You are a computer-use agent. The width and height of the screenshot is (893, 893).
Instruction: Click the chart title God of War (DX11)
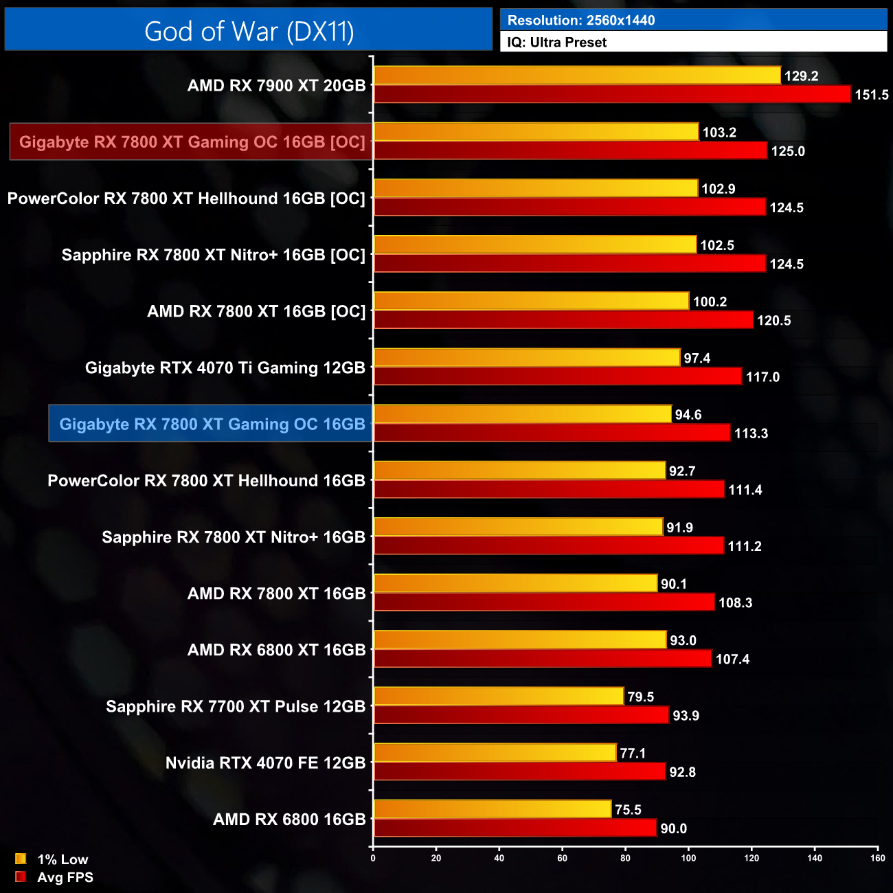[x=249, y=32]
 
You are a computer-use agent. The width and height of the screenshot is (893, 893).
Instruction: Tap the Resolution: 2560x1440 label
[x=581, y=21]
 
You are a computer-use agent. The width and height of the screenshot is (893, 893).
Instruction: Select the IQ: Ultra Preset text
[x=557, y=43]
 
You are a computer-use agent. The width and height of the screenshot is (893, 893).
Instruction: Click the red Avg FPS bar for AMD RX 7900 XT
[x=612, y=94]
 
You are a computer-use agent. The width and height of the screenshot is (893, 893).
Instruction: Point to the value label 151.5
[x=871, y=95]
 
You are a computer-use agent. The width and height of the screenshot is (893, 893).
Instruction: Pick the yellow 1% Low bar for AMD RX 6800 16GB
[x=493, y=809]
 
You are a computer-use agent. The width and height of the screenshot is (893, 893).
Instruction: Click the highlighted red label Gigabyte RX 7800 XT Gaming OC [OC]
[x=192, y=142]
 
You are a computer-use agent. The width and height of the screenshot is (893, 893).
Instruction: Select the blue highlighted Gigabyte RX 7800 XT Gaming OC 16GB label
[x=212, y=424]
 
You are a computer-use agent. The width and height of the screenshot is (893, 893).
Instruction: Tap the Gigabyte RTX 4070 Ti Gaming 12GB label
[x=225, y=368]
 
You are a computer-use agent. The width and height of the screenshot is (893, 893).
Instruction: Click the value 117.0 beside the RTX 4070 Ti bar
[x=762, y=377]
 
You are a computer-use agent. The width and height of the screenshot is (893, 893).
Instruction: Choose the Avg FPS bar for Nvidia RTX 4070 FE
[x=520, y=771]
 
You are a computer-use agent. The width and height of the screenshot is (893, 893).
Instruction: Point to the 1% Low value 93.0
[x=683, y=640]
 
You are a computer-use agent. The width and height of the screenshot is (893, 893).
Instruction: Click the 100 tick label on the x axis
[x=688, y=858]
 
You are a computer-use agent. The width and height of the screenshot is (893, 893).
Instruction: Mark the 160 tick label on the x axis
[x=877, y=858]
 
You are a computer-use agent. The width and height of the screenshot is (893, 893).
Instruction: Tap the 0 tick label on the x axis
[x=373, y=858]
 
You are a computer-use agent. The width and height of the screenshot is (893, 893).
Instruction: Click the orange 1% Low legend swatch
[x=21, y=859]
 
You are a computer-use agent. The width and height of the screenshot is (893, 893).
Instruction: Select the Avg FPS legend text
[x=65, y=877]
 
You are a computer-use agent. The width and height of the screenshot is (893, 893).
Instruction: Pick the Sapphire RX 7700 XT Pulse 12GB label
[x=236, y=706]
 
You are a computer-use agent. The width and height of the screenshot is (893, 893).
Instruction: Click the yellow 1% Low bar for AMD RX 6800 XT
[x=520, y=640]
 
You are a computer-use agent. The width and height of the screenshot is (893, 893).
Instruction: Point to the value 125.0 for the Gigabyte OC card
[x=788, y=151]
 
